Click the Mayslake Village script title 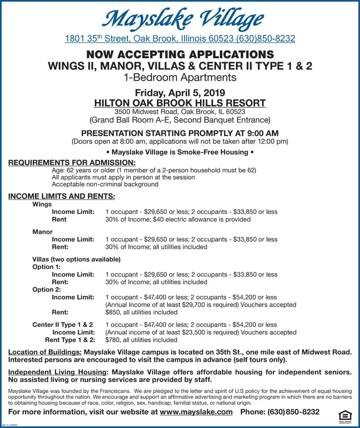180,18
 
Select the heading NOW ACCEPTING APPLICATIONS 180,55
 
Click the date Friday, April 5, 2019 180,91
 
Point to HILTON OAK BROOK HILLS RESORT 180,102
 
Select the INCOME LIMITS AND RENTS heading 62,196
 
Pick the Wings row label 42,204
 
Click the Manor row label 42,232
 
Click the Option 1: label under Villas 47,266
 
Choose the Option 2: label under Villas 47,289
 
